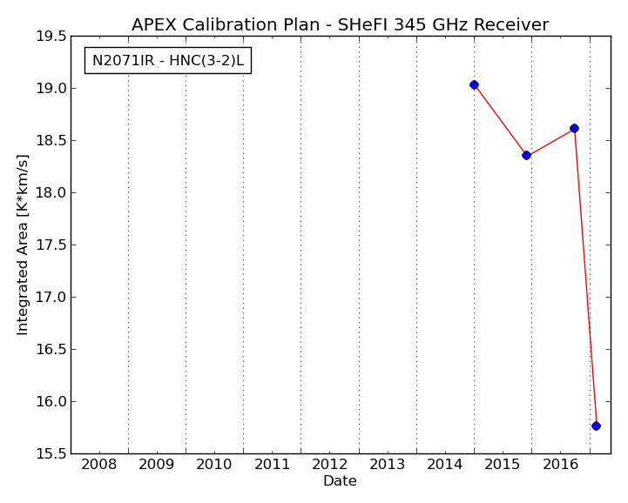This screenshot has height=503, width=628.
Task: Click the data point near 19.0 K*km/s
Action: [x=474, y=84]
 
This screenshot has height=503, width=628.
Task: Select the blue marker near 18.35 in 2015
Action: [x=527, y=155]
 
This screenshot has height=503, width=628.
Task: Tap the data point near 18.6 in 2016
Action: [x=574, y=129]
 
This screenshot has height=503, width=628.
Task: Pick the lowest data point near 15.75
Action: [x=596, y=426]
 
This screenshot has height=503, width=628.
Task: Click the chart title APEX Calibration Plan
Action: [x=340, y=25]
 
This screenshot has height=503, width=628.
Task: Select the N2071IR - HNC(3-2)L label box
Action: [x=168, y=60]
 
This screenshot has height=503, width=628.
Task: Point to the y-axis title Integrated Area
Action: [x=23, y=245]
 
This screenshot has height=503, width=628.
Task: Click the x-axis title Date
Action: [x=340, y=480]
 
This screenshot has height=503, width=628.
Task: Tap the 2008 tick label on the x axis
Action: [x=99, y=465]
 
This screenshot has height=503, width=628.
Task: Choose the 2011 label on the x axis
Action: [x=273, y=465]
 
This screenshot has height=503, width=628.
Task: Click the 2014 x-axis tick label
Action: [x=445, y=465]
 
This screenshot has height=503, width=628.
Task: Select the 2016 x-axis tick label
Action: [x=561, y=465]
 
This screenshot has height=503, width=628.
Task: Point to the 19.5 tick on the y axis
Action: [x=51, y=37]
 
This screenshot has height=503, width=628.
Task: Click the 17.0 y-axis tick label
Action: [x=51, y=298]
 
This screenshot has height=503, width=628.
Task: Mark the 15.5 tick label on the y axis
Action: [x=51, y=453]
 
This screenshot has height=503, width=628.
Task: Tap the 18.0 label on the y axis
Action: [x=51, y=193]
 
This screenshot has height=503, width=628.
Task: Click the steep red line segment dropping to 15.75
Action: [x=585, y=277]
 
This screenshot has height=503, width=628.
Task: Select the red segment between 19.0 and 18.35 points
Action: [x=501, y=120]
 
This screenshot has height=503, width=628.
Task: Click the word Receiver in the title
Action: [x=511, y=25]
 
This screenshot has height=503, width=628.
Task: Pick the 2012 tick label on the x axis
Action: [x=329, y=465]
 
